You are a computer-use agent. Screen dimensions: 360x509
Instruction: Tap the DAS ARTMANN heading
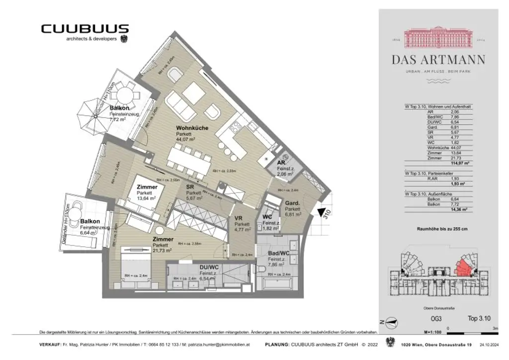438,60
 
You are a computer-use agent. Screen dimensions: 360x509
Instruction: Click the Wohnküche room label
192,128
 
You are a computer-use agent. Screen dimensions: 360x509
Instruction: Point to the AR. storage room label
281,163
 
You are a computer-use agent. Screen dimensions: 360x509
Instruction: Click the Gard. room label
291,203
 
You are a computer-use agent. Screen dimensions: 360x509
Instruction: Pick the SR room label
190,186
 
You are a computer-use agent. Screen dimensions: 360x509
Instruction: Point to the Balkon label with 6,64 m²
90,221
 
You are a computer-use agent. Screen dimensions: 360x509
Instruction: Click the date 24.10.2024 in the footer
490,345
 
